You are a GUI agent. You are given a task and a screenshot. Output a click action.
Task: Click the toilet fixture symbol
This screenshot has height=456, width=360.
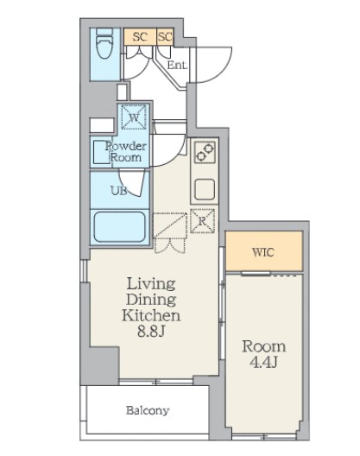104,43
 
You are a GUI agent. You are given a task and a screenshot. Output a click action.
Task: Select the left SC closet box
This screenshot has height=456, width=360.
140,36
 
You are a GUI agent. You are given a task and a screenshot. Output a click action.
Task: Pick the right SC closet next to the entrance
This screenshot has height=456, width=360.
165,36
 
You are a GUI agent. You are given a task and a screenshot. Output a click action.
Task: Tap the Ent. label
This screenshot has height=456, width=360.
177,65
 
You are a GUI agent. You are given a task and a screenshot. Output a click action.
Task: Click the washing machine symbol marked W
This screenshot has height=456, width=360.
134,117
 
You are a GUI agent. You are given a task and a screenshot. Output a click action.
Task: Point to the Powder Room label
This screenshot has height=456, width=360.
126,151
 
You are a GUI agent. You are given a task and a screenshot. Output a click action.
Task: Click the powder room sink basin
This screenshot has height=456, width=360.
102,152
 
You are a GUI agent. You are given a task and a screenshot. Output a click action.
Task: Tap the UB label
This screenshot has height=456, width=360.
118,191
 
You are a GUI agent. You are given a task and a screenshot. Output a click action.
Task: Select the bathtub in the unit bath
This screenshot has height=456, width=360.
120,226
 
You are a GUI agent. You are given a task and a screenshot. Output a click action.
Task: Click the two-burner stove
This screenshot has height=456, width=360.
205,152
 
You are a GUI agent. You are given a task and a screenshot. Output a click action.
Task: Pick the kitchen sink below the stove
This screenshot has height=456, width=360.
205,189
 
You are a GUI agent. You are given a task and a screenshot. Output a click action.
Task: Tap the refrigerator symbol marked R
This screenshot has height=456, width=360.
202,221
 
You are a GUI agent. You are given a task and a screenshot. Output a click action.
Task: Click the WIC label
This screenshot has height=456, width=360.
263,252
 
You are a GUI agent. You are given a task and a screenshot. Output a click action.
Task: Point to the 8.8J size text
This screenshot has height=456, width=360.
151,331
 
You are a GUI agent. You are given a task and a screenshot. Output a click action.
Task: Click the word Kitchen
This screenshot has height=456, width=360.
151,315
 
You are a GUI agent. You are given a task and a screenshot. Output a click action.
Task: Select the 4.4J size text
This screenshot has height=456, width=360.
263,362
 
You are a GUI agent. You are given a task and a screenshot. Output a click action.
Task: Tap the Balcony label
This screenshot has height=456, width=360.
148,410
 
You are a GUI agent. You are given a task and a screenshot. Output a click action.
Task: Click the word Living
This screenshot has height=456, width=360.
151,284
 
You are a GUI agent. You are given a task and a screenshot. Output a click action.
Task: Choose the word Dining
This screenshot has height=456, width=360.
151,300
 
